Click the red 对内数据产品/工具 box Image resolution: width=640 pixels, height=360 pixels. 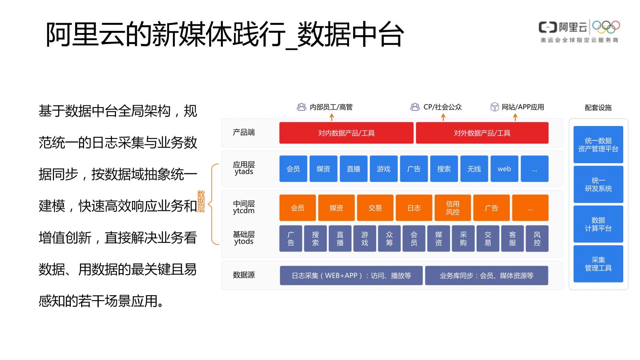(x=346, y=133)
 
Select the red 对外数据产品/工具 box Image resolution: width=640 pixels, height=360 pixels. (x=482, y=133)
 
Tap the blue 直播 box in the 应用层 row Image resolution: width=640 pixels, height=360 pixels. (x=354, y=169)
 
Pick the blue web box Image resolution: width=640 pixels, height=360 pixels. (x=504, y=169)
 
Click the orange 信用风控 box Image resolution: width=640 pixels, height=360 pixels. (x=452, y=208)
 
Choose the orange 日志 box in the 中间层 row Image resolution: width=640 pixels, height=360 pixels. (x=414, y=208)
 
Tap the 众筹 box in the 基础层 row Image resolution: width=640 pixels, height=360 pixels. (x=389, y=238)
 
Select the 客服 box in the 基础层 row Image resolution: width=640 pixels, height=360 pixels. (x=512, y=238)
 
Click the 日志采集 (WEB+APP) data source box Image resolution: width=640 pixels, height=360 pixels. (x=351, y=276)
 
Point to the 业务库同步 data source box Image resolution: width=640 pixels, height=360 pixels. (x=486, y=276)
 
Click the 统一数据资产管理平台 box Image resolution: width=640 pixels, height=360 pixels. (x=598, y=144)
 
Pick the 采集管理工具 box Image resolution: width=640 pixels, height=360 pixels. (x=598, y=264)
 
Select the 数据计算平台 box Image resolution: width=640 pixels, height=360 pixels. (x=598, y=224)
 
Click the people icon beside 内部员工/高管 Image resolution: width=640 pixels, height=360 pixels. (x=302, y=107)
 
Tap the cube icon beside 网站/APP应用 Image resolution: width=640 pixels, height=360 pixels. (x=494, y=107)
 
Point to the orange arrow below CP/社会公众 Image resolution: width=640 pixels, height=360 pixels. (x=443, y=117)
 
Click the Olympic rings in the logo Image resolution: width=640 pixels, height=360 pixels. (x=606, y=27)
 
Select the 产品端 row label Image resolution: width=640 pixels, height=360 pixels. (x=244, y=132)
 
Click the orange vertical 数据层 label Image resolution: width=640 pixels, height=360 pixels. (x=201, y=202)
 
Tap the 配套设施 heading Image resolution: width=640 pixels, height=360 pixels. (x=598, y=108)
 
